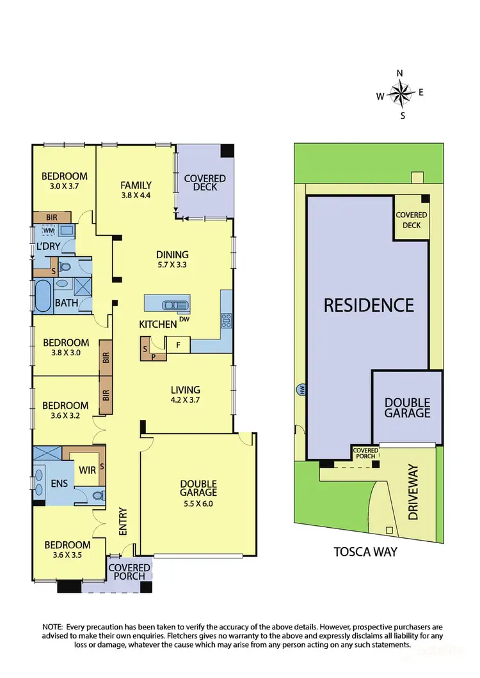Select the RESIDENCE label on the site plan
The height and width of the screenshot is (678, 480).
(x=368, y=305)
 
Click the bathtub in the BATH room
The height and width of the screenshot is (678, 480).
(x=42, y=297)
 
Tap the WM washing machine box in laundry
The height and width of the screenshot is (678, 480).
(x=49, y=230)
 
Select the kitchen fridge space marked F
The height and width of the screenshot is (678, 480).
(x=179, y=345)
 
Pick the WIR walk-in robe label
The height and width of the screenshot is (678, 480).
(x=87, y=470)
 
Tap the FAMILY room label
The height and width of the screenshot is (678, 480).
(x=136, y=186)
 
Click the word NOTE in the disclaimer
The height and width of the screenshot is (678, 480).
(x=52, y=627)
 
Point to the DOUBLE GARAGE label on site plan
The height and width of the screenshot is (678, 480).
(x=407, y=408)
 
